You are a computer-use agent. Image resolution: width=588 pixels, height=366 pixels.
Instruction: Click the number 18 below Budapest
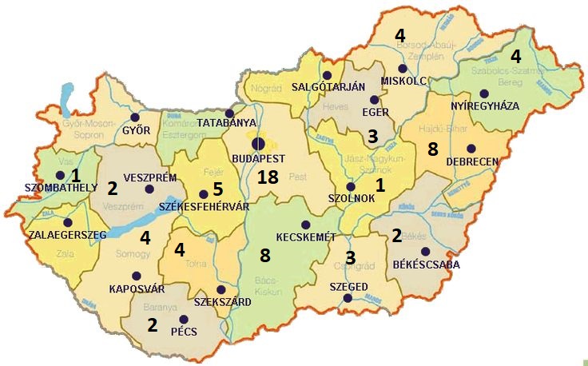[267, 178]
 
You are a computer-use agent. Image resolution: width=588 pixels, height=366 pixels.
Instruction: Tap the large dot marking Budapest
[257, 144]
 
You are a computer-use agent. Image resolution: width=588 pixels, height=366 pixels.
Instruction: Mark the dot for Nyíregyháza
[484, 93]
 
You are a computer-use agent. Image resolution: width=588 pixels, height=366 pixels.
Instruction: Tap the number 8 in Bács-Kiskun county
[266, 256]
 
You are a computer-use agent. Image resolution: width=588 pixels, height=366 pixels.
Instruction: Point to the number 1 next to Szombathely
[76, 175]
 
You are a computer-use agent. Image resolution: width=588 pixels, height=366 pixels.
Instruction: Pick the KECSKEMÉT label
[307, 238]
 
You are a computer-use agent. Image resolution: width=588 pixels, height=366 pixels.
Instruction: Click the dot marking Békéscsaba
[424, 252]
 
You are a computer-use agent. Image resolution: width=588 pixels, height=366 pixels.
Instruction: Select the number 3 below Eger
[371, 137]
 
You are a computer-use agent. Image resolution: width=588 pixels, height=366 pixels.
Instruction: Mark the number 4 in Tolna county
[180, 251]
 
